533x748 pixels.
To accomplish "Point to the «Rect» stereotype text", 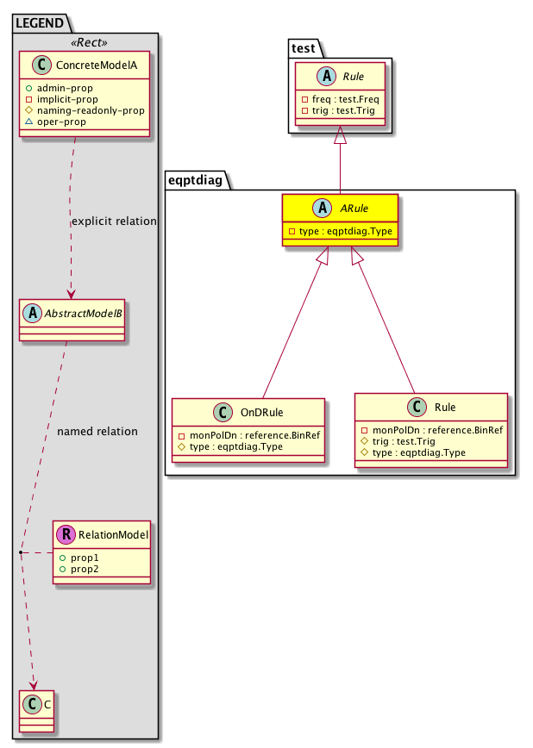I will [85, 43].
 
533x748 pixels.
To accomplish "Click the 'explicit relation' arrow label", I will [114, 221].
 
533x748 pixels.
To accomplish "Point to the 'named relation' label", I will [97, 431].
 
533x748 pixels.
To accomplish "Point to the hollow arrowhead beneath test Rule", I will [341, 135].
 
